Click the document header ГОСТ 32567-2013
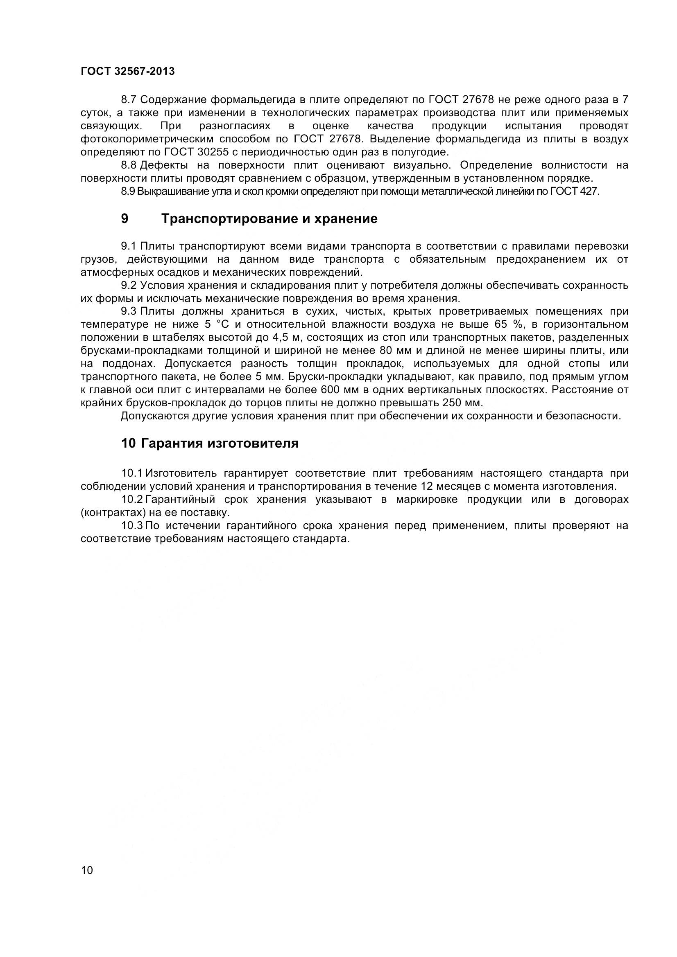pyautogui.click(x=128, y=71)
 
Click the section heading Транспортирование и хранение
pyautogui.click(x=269, y=218)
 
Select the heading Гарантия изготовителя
pyautogui.click(x=220, y=443)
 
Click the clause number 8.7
pyautogui.click(x=129, y=99)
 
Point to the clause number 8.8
pyautogui.click(x=129, y=165)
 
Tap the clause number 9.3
pyautogui.click(x=129, y=311)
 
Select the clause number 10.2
pyautogui.click(x=132, y=499)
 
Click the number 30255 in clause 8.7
pyautogui.click(x=212, y=152)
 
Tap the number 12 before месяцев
pyautogui.click(x=427, y=486)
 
